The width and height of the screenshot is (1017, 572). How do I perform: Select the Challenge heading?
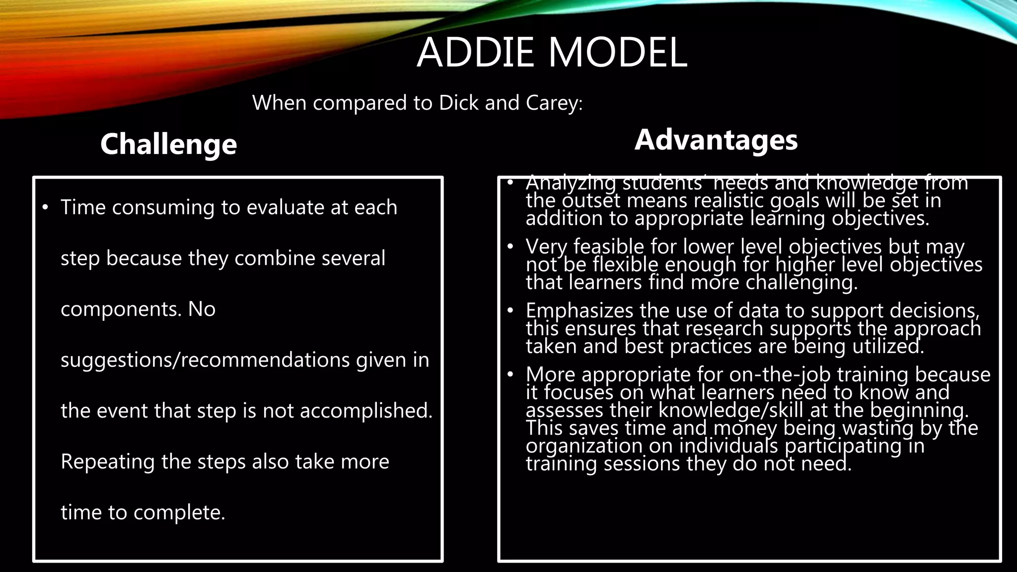click(x=168, y=144)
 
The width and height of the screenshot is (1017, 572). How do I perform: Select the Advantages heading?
click(x=716, y=140)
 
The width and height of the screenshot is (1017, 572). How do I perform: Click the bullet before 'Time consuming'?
click(x=45, y=207)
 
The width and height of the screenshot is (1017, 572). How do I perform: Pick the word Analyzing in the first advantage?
click(x=571, y=183)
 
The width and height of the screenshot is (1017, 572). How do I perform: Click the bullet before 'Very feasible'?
click(x=510, y=246)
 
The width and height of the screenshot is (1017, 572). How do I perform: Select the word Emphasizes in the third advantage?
click(x=580, y=311)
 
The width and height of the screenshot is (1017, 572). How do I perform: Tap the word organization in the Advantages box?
click(x=584, y=445)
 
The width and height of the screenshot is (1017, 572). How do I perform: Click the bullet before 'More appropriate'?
click(x=510, y=374)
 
